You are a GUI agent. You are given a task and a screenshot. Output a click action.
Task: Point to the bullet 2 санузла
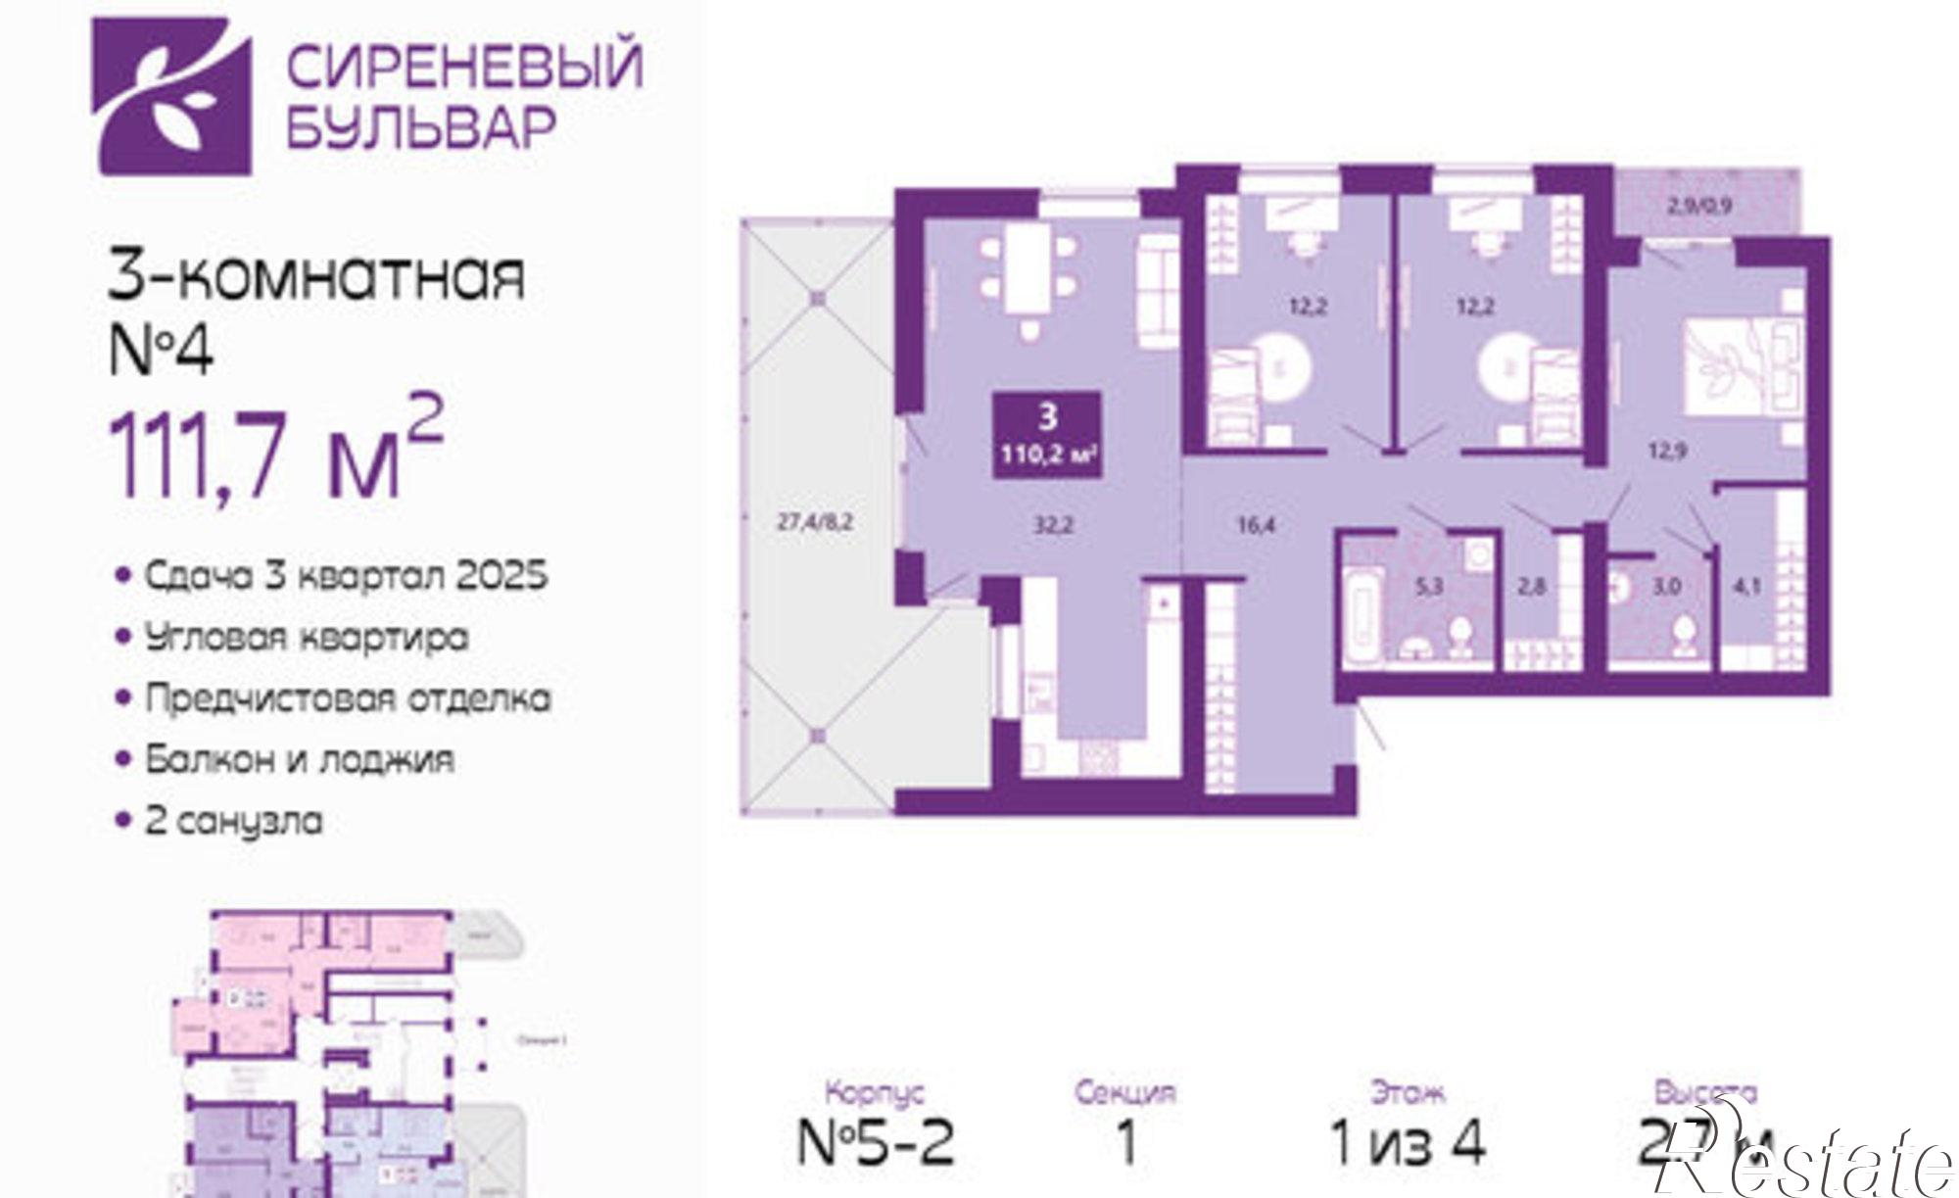(233, 820)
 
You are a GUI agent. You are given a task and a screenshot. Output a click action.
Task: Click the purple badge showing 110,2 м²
(1047, 435)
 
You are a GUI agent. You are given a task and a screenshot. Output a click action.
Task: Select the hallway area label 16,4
(1256, 526)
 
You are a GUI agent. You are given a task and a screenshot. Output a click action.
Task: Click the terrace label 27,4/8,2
(815, 522)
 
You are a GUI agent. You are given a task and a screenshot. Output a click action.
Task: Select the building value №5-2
(876, 1140)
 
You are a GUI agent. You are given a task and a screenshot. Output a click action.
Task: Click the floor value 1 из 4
(1408, 1141)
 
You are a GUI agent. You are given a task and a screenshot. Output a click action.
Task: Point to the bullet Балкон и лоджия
(299, 759)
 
